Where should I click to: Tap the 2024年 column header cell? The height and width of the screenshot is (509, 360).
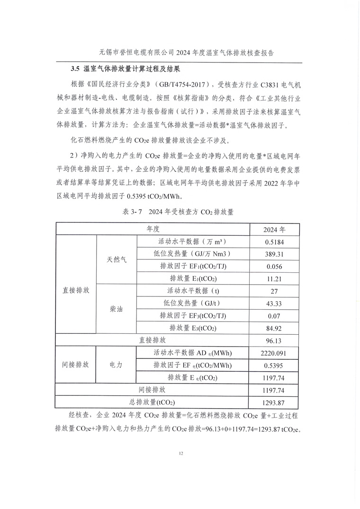(274, 230)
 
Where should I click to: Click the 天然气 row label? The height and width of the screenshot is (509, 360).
(116, 260)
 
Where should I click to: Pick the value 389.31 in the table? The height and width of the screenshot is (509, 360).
(274, 254)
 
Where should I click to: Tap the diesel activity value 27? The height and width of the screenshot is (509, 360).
(274, 291)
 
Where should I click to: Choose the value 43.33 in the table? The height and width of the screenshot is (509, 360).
(274, 303)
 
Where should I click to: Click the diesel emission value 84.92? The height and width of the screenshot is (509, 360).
(274, 328)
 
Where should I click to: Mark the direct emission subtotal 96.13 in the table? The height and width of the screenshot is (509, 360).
(274, 340)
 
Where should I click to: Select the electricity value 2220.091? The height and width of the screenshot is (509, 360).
(274, 353)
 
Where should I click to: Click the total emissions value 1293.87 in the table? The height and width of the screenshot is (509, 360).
(274, 402)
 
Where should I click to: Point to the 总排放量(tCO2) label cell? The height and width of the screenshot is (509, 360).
(153, 402)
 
